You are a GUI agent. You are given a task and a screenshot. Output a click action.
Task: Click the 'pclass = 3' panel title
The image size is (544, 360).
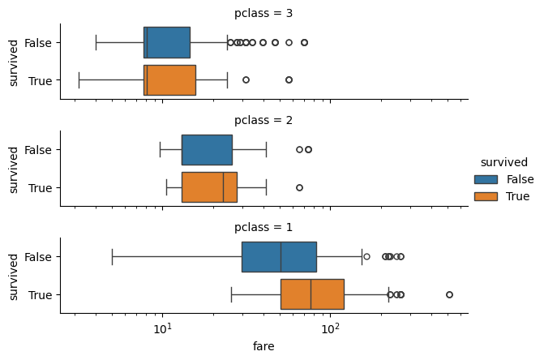(x=263, y=13)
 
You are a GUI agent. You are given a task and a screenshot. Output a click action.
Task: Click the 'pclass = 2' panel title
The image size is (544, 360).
(x=263, y=120)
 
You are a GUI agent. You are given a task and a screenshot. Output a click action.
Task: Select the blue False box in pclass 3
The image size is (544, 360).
(x=167, y=42)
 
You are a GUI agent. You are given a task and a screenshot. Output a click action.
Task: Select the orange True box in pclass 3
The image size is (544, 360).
(x=169, y=80)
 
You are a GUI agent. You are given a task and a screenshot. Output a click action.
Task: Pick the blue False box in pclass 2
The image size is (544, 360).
(x=207, y=149)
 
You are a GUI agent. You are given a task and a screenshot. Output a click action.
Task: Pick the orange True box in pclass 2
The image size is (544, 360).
(x=209, y=187)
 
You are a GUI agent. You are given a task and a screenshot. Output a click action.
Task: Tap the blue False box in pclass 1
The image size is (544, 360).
(x=279, y=256)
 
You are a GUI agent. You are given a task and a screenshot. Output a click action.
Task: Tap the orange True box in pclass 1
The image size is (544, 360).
(x=312, y=294)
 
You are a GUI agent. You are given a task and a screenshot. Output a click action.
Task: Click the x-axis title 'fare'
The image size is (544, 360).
(x=263, y=346)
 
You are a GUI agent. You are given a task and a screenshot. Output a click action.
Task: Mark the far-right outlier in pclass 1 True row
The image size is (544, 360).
(x=449, y=294)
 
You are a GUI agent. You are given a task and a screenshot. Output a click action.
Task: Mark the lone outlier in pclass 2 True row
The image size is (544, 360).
(x=299, y=187)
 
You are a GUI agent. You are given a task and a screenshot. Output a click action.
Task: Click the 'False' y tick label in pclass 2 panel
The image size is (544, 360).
(x=39, y=149)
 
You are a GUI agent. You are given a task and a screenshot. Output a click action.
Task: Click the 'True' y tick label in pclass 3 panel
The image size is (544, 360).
(x=41, y=80)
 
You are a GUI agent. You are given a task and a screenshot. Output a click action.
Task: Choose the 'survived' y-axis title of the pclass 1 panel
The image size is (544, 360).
(x=14, y=276)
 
